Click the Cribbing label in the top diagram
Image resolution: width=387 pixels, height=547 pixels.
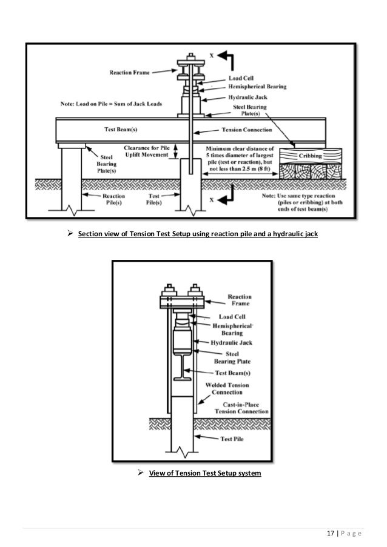(307, 156)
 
